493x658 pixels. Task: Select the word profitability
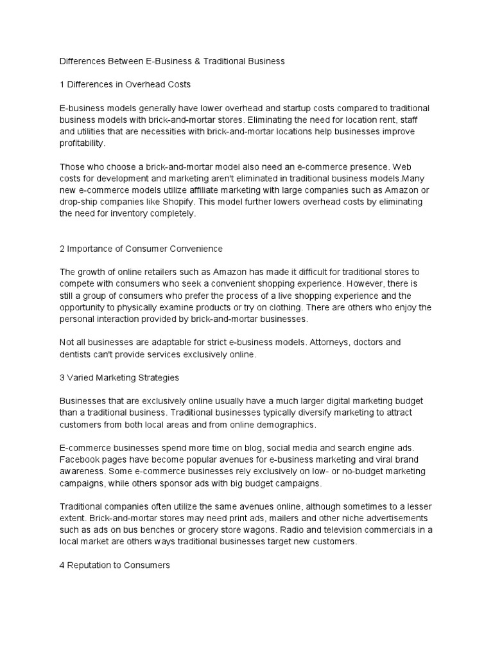pyautogui.click(x=81, y=143)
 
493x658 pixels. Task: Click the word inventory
pyautogui.click(x=141, y=214)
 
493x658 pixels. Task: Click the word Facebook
pyautogui.click(x=80, y=459)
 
